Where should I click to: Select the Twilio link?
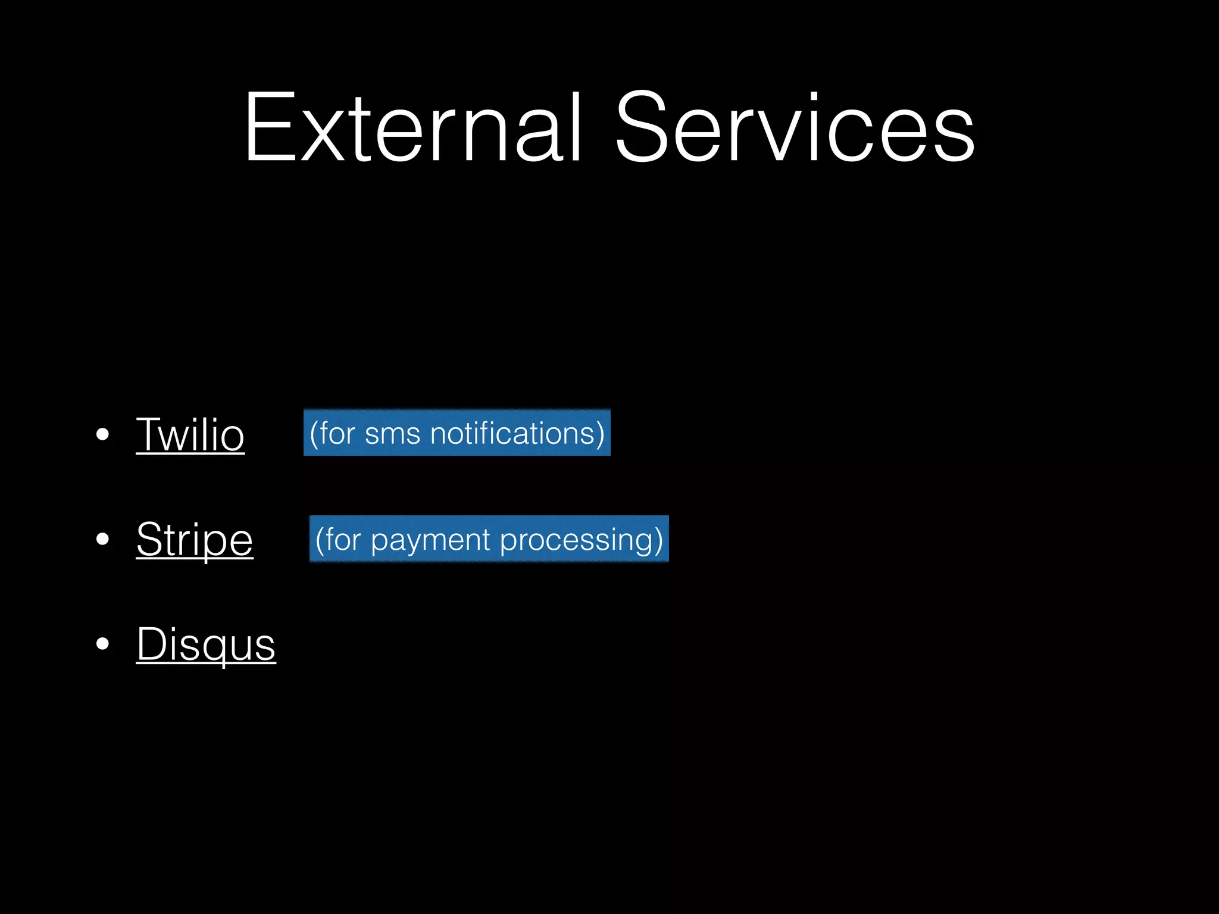(190, 435)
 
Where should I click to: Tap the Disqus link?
(206, 644)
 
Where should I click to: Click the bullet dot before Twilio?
(102, 434)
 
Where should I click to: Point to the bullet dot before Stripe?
(102, 539)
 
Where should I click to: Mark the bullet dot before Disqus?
(102, 644)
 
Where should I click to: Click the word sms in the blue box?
(392, 434)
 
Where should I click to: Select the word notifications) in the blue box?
(517, 433)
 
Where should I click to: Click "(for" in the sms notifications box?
(332, 433)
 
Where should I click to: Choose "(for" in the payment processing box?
(338, 540)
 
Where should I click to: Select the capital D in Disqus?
(152, 643)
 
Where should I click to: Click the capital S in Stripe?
(150, 539)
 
